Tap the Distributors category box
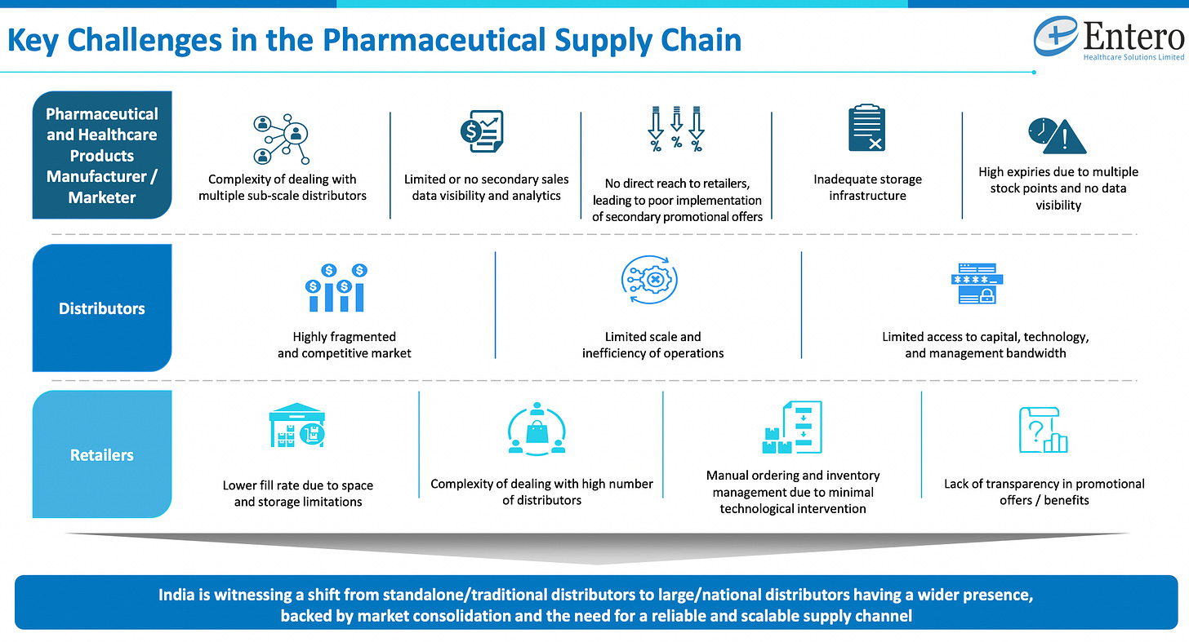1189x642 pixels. [102, 308]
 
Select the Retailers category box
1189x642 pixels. [102, 454]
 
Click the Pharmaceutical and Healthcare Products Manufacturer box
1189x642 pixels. [102, 155]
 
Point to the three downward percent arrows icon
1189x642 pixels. [676, 130]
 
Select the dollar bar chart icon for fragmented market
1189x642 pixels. [336, 288]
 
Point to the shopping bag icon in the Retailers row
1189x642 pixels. [537, 428]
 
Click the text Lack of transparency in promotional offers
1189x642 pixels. [1044, 492]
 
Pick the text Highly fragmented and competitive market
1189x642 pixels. [344, 345]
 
